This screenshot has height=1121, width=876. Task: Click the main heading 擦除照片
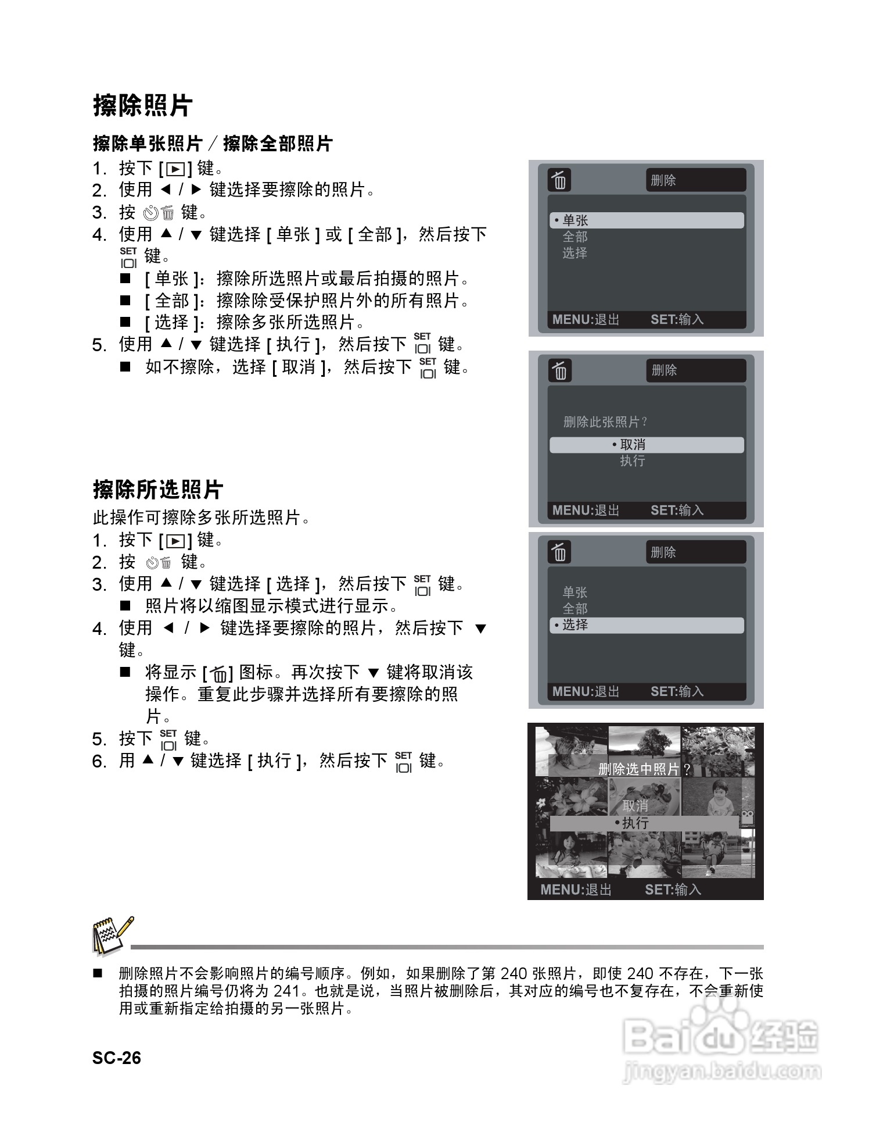[x=142, y=106]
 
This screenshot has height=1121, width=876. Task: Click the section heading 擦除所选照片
[x=157, y=490]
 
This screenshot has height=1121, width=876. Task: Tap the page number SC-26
[x=116, y=1057]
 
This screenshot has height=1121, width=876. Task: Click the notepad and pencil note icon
[x=112, y=936]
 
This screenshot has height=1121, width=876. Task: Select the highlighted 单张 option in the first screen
[x=646, y=220]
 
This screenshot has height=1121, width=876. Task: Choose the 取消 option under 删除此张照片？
[x=646, y=445]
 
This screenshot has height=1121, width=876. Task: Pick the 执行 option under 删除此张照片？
[x=633, y=461]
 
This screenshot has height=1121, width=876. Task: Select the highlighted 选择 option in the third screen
[x=646, y=625]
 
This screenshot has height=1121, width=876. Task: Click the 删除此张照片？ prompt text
[x=605, y=422]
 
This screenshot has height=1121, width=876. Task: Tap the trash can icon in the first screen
[x=559, y=180]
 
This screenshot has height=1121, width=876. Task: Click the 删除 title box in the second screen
[x=695, y=370]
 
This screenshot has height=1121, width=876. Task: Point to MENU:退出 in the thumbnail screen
[x=576, y=890]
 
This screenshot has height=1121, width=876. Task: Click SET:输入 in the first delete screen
[x=677, y=319]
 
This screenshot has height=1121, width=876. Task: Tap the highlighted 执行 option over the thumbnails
[x=644, y=823]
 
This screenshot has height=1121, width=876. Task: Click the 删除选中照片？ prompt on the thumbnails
[x=644, y=769]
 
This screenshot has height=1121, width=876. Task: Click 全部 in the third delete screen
[x=575, y=609]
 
